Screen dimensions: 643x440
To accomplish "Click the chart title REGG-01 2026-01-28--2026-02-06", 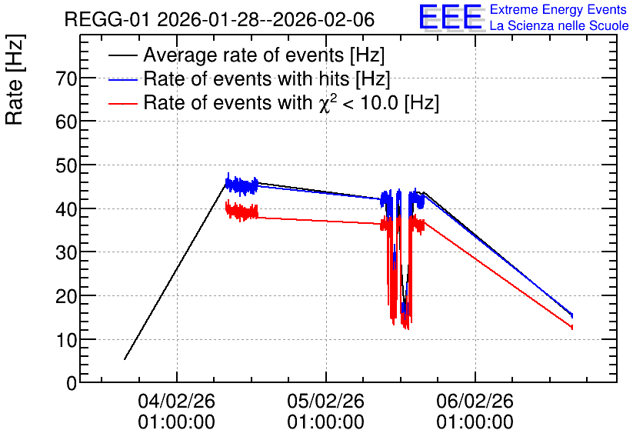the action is pyautogui.click(x=219, y=19).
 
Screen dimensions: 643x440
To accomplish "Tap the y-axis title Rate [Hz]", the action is pyautogui.click(x=15, y=80).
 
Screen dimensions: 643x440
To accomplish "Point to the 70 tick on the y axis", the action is pyautogui.click(x=66, y=78).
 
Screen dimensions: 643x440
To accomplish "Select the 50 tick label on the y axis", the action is pyautogui.click(x=66, y=165).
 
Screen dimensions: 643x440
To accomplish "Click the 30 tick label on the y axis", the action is pyautogui.click(x=66, y=252).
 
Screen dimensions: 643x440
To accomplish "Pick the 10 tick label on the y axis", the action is pyautogui.click(x=66, y=340).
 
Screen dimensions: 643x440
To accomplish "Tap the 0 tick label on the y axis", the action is pyautogui.click(x=72, y=383).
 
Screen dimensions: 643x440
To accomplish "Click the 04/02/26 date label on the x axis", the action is pyautogui.click(x=176, y=401).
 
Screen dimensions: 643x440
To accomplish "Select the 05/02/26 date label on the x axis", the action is pyautogui.click(x=325, y=401).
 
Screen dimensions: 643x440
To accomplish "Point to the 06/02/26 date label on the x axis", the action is pyautogui.click(x=475, y=401).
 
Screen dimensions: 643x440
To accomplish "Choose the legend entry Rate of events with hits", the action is pyautogui.click(x=267, y=78).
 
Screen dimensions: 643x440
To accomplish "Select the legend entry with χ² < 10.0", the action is pyautogui.click(x=292, y=102).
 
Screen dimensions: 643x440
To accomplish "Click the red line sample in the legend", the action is pyautogui.click(x=122, y=104).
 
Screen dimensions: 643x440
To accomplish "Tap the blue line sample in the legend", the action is pyautogui.click(x=122, y=80).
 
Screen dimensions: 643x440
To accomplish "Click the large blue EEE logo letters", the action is pyautogui.click(x=450, y=17).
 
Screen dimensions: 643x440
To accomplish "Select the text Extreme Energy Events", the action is pyautogui.click(x=558, y=9).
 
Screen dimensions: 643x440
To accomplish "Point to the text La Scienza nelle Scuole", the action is pyautogui.click(x=559, y=26).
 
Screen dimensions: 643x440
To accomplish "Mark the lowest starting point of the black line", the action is pyautogui.click(x=125, y=359).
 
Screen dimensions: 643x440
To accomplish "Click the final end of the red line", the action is pyautogui.click(x=571, y=327).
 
